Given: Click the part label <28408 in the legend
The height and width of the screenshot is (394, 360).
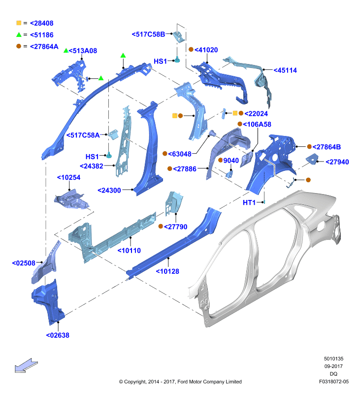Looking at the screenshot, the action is [x=42, y=23].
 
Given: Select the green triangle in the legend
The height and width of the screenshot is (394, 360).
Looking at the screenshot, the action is [x=19, y=34].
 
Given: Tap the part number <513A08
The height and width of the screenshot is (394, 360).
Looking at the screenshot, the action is [x=83, y=51].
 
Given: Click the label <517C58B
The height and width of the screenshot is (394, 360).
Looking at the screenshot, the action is [x=148, y=34].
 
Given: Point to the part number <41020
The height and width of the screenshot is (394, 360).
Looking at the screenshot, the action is [x=206, y=50].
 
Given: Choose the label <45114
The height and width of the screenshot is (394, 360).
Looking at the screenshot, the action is [x=285, y=70].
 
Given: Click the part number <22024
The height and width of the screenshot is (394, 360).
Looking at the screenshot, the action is [x=256, y=114].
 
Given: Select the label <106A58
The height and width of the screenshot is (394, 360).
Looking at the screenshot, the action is [x=257, y=124].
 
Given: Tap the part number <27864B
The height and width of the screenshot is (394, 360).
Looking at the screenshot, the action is [x=327, y=147].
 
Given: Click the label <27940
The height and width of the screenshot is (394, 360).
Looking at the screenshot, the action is [x=337, y=162].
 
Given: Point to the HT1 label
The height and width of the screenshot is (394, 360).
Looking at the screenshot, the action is [x=249, y=202].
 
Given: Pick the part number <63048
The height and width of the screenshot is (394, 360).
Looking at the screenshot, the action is [x=180, y=154].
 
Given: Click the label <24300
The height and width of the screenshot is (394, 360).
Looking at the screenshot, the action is [x=109, y=190].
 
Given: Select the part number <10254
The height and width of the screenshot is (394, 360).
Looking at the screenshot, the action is [x=68, y=177].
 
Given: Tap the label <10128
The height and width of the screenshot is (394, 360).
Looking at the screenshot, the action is [x=167, y=271].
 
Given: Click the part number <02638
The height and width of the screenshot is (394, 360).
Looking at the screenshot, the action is [x=58, y=335].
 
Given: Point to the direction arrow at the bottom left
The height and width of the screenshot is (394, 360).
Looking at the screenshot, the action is [x=26, y=365].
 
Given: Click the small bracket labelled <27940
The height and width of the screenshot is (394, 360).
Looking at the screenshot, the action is [x=312, y=159].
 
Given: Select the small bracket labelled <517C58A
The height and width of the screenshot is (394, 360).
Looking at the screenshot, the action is [x=114, y=134].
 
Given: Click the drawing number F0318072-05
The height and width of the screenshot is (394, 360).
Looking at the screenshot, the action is [x=333, y=381].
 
